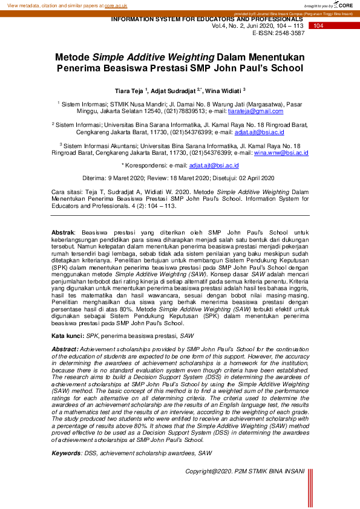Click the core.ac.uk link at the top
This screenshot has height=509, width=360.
116,5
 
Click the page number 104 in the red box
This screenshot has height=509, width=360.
319,26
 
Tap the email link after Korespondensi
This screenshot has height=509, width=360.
214,165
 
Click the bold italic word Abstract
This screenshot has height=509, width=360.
65,349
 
